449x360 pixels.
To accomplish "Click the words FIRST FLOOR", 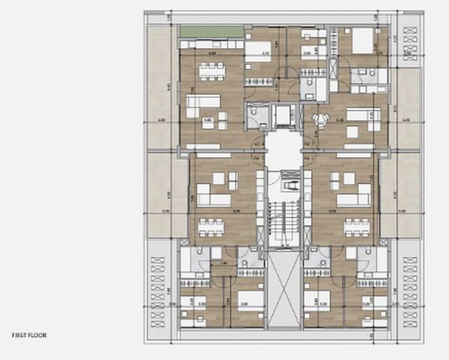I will pyautogui.click(x=29, y=334).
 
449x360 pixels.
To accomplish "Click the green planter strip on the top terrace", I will pyautogui.click(x=211, y=32).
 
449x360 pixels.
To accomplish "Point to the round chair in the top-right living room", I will pyautogui.click(x=318, y=118).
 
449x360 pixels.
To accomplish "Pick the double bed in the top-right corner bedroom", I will pyautogui.click(x=363, y=43).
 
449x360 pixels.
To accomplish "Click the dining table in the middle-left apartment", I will pyautogui.click(x=211, y=226).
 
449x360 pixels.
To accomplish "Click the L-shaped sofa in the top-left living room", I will pyautogui.click(x=203, y=105).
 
